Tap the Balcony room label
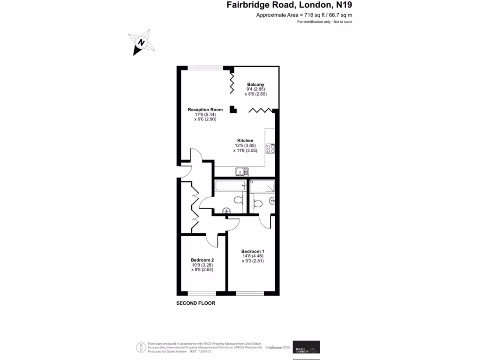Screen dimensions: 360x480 coord(255,84)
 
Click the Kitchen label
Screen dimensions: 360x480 coord(245,141)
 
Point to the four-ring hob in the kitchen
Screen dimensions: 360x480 coord(270,149)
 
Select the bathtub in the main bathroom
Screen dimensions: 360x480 coord(230,187)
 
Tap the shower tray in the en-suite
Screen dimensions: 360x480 coord(262,187)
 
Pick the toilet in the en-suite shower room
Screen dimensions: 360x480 coord(256,203)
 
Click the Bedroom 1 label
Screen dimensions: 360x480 coord(253,251)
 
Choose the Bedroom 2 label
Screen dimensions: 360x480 coord(202,260)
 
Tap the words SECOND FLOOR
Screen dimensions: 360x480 coord(195,303)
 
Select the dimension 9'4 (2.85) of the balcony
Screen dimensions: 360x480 coord(255,89)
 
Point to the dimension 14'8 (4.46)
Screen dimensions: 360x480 coord(253,256)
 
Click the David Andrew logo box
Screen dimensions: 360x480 coord(306,347)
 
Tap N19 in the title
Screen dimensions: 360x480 coord(341,6)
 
